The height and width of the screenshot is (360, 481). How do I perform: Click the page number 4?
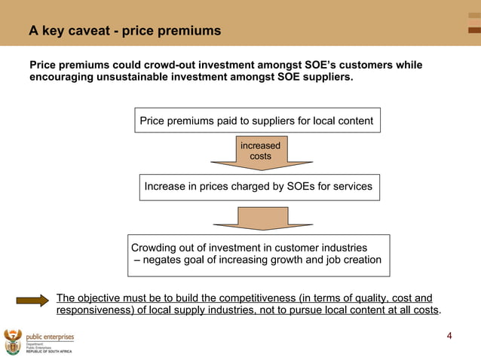(x=449, y=335)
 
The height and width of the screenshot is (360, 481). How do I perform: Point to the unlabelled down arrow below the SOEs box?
(x=261, y=218)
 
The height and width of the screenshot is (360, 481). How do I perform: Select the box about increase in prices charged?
(x=259, y=186)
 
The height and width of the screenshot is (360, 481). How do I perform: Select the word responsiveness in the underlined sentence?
(x=97, y=310)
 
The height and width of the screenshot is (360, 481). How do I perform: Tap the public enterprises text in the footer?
(x=51, y=337)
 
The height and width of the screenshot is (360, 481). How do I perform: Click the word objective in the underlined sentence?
(x=103, y=298)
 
